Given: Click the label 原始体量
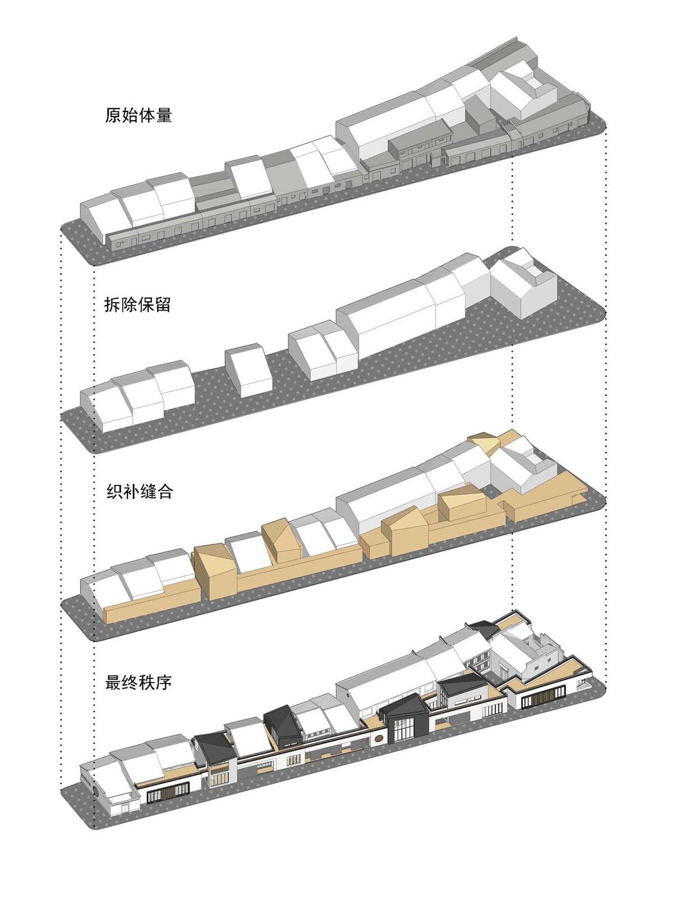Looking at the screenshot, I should pos(138,115).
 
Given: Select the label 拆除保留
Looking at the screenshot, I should pos(138,305).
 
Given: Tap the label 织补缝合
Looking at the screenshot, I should pos(138,492).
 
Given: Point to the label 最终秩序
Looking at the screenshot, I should pos(138,683).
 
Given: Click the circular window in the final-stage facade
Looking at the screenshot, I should pos(380,738).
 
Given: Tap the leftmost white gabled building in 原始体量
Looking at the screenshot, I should pos(101,219).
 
